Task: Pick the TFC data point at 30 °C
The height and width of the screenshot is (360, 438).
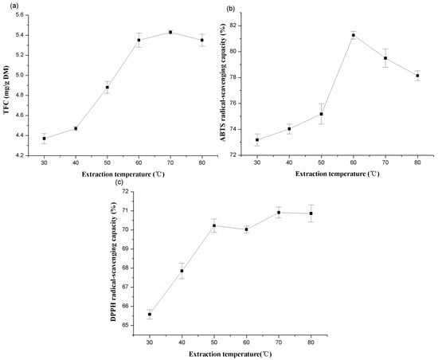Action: (x=44, y=139)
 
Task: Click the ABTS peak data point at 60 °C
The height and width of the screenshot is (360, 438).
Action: (x=353, y=35)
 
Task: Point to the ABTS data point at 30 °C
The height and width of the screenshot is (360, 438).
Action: (x=257, y=139)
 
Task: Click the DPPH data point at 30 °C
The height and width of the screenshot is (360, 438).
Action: (x=150, y=315)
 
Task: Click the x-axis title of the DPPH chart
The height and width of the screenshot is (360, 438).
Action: (x=231, y=351)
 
